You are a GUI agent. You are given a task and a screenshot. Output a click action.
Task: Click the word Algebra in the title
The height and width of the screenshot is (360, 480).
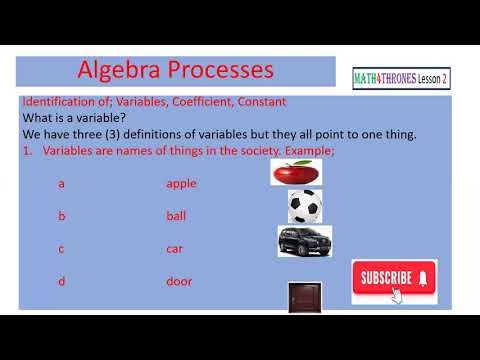pyautogui.click(x=121, y=72)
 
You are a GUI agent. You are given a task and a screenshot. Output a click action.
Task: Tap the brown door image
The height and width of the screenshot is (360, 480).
pyautogui.click(x=301, y=296)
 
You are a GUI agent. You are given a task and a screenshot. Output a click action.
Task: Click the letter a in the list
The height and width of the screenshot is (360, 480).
pyautogui.click(x=61, y=184)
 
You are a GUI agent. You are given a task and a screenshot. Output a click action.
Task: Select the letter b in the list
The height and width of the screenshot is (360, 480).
pyautogui.click(x=61, y=216)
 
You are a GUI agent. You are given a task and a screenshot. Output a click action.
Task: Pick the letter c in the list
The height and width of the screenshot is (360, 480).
pyautogui.click(x=61, y=249)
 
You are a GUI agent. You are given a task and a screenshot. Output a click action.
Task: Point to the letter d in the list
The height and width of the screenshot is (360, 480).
pyautogui.click(x=61, y=282)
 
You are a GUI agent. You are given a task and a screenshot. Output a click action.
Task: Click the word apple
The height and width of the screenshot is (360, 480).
pyautogui.click(x=182, y=184)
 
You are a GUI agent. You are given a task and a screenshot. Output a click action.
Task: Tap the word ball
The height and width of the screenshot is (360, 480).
pyautogui.click(x=176, y=216)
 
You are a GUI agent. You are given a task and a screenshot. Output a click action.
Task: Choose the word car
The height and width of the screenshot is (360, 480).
pyautogui.click(x=175, y=249)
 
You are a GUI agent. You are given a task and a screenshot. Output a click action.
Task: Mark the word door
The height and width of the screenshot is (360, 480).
pyautogui.click(x=179, y=282)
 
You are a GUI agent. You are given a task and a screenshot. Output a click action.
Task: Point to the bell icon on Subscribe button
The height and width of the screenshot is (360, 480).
pyautogui.click(x=423, y=277)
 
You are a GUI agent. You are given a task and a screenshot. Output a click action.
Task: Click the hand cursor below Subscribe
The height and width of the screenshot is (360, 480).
pyautogui.click(x=399, y=296)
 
